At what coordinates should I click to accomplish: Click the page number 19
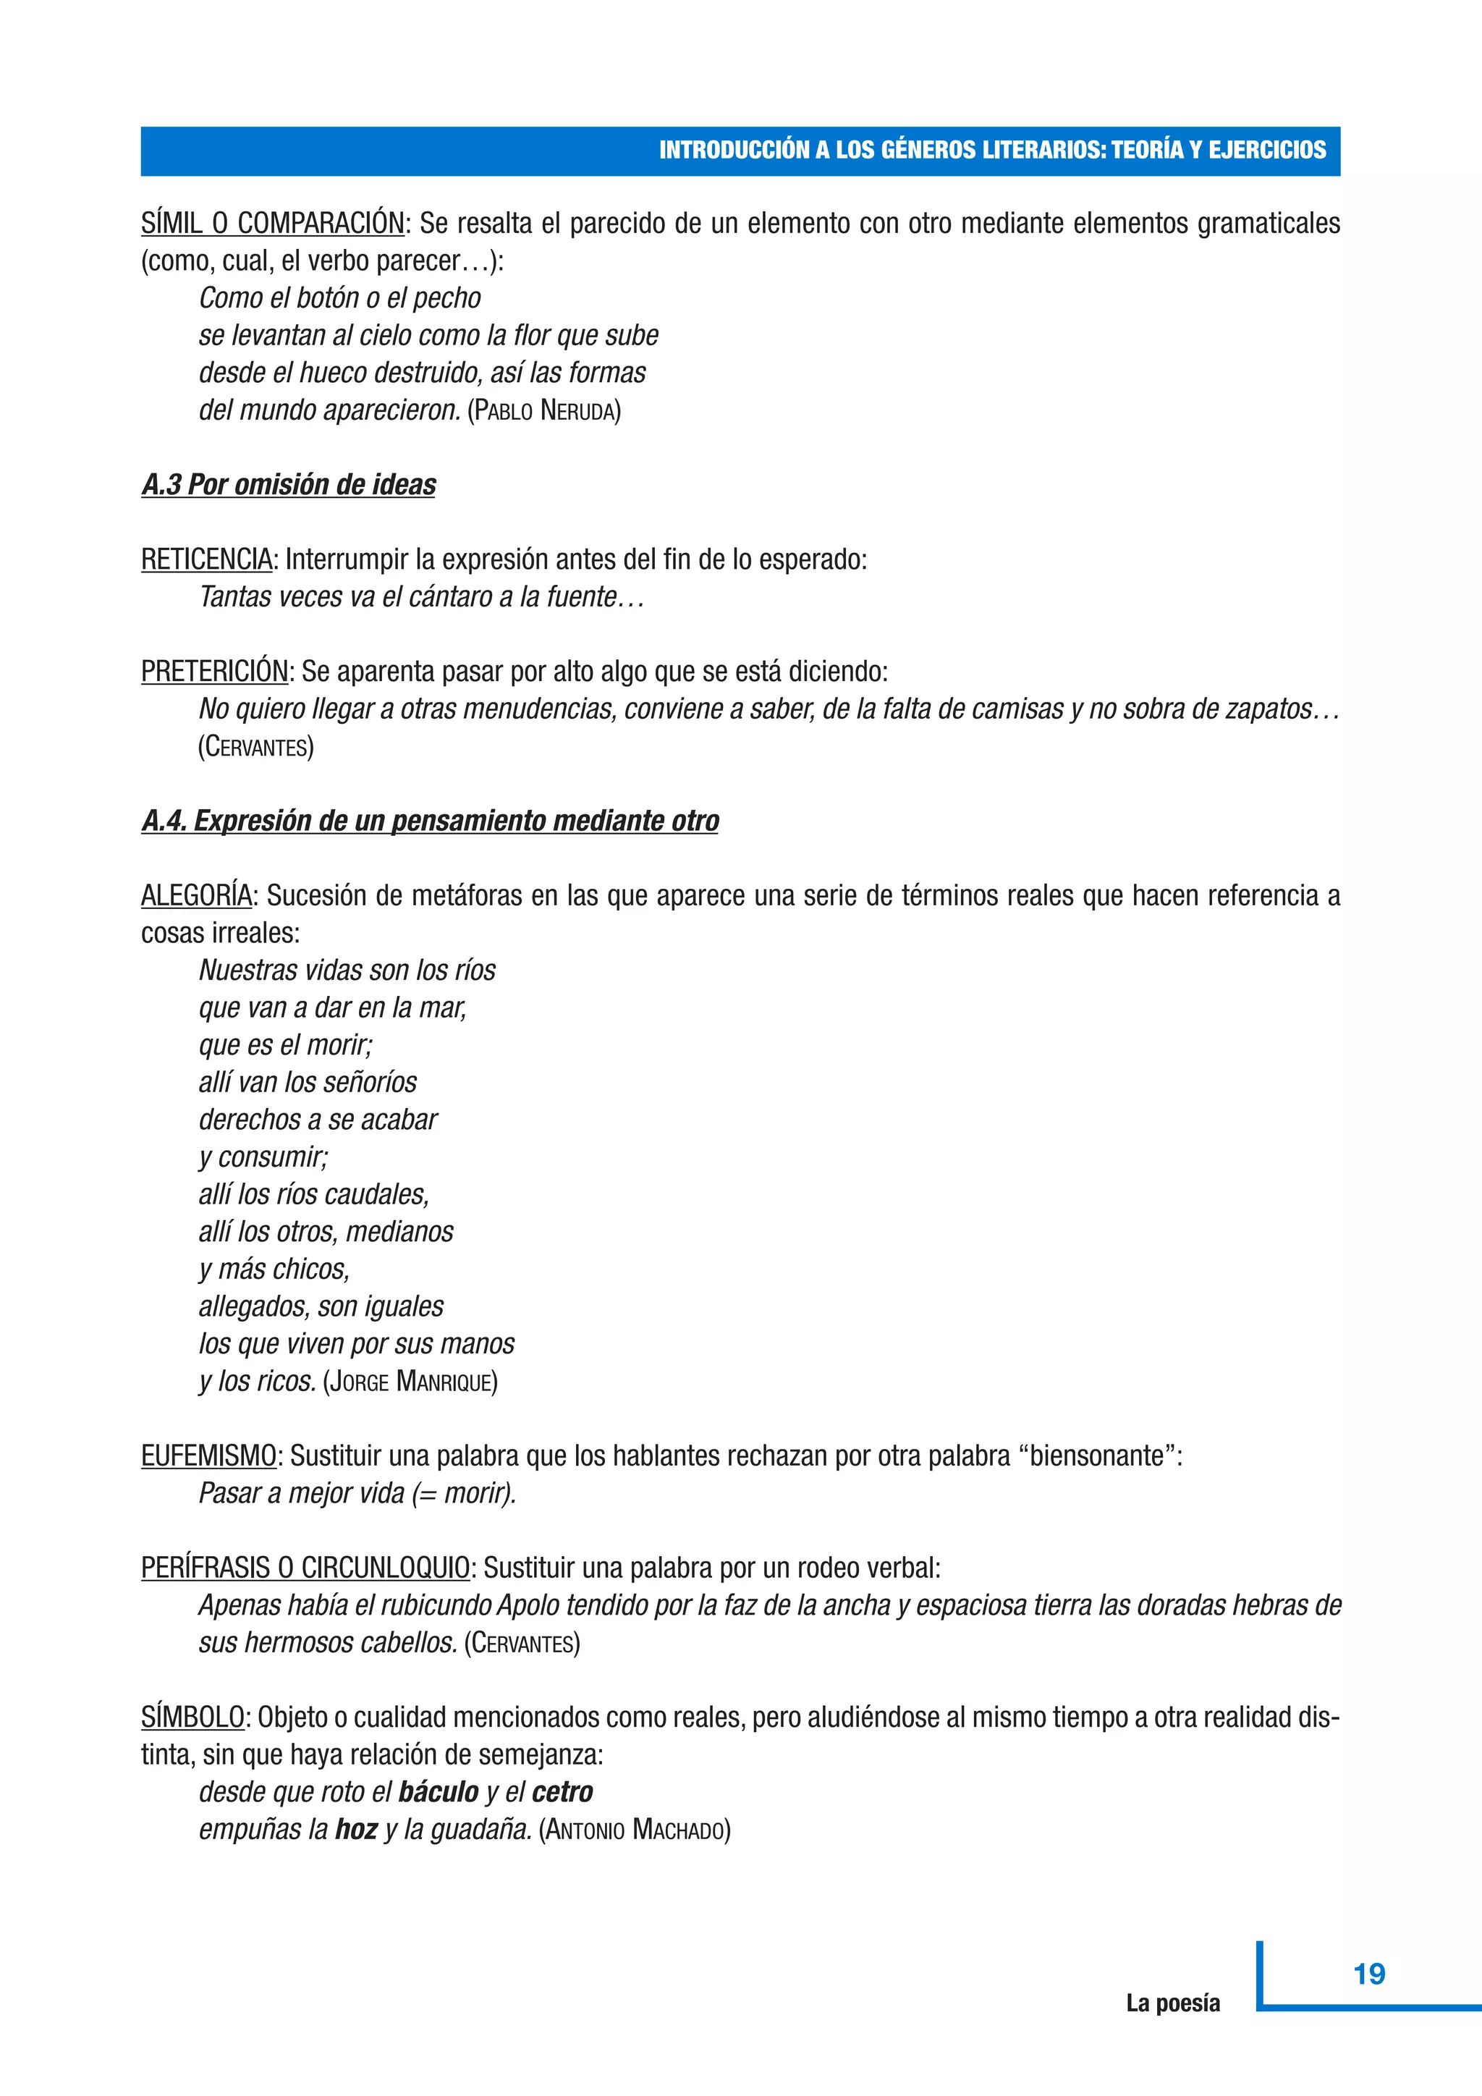coord(1369,1974)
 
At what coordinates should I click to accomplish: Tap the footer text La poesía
coord(1172,2003)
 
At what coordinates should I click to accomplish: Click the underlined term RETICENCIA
coord(206,559)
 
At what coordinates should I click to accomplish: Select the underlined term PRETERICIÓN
coord(214,671)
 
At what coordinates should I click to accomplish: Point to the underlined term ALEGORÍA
coord(196,895)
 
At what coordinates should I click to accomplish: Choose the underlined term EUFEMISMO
coord(208,1455)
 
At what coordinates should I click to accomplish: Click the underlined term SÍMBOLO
coord(192,1717)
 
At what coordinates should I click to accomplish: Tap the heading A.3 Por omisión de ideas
coord(289,485)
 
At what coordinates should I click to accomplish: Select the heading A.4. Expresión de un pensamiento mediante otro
coord(430,821)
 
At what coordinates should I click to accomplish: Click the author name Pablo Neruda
coord(544,411)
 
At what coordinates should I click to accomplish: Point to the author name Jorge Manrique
coord(410,1381)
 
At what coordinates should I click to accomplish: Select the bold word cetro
coord(562,1792)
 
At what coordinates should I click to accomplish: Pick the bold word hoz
coord(356,1830)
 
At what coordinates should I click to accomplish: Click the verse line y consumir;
coord(263,1157)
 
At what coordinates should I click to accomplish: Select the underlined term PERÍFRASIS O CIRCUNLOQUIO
coord(305,1568)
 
